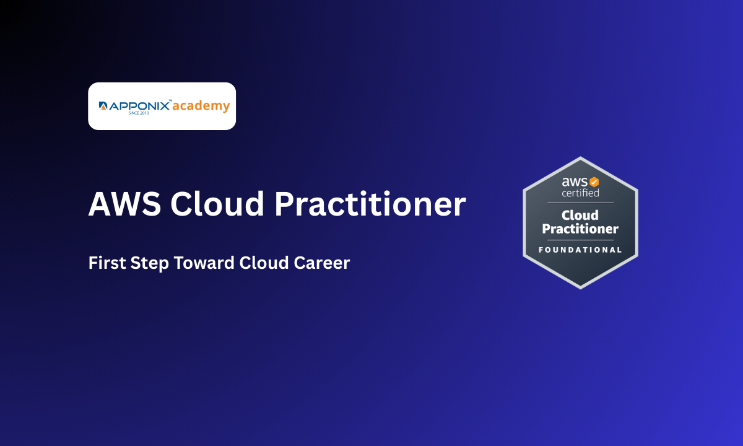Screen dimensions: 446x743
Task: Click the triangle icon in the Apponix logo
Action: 103,107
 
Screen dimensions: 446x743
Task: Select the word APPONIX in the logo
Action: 139,107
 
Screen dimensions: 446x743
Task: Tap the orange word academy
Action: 201,106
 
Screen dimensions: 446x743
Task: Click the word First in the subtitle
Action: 107,263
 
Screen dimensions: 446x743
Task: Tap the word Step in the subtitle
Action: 150,263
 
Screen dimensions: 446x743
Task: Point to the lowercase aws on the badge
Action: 574,182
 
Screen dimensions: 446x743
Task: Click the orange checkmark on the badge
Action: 594,182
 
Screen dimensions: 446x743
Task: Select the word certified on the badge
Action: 580,193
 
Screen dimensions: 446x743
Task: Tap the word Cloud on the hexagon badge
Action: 580,215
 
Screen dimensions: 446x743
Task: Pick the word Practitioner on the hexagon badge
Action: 580,229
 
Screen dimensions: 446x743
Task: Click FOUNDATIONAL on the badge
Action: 580,250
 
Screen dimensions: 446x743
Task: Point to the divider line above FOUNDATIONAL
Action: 580,240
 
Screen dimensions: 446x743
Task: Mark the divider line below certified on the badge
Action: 580,203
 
